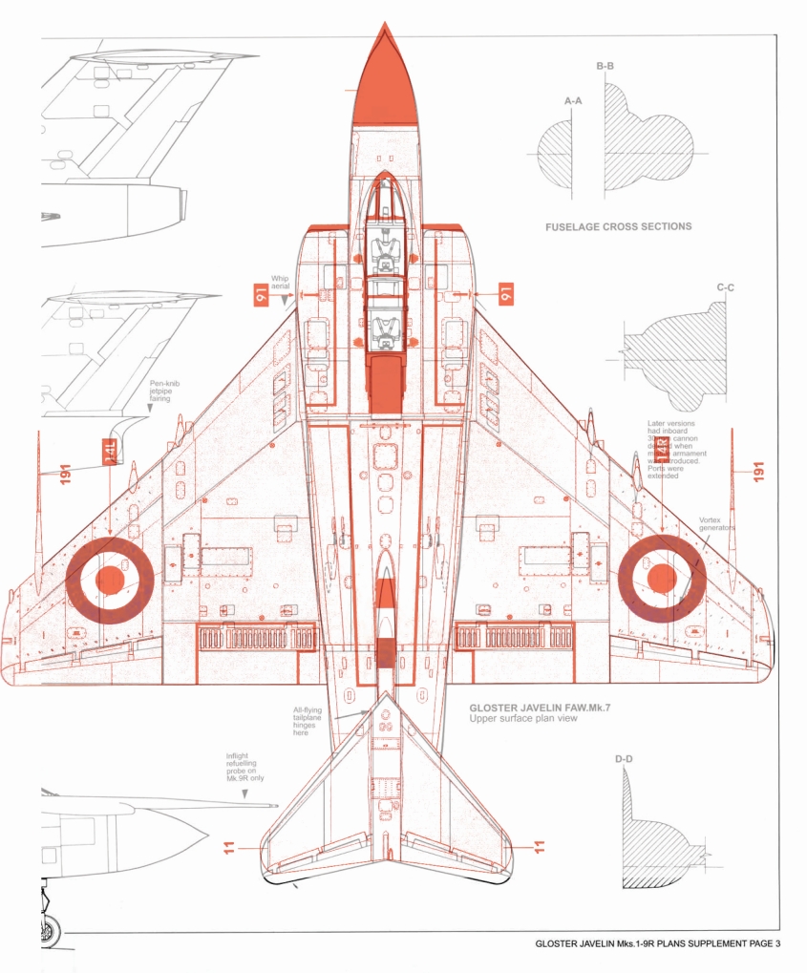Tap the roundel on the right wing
[662, 578]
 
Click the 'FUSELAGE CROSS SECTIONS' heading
[618, 227]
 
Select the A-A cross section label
[574, 99]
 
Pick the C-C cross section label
[725, 286]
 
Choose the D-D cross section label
[623, 759]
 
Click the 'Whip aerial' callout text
[280, 283]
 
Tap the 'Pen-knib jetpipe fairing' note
[164, 392]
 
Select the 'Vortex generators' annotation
[716, 524]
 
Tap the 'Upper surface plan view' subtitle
[522, 719]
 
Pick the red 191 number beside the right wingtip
[759, 471]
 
